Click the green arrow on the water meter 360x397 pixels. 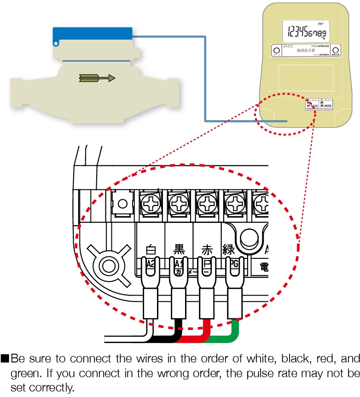97,78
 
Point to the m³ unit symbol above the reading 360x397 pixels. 320,23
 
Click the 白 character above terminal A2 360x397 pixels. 151,250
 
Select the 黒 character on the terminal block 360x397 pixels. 179,250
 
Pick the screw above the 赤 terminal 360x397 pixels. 207,203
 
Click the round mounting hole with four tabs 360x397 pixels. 108,266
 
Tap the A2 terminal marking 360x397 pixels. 150,264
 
